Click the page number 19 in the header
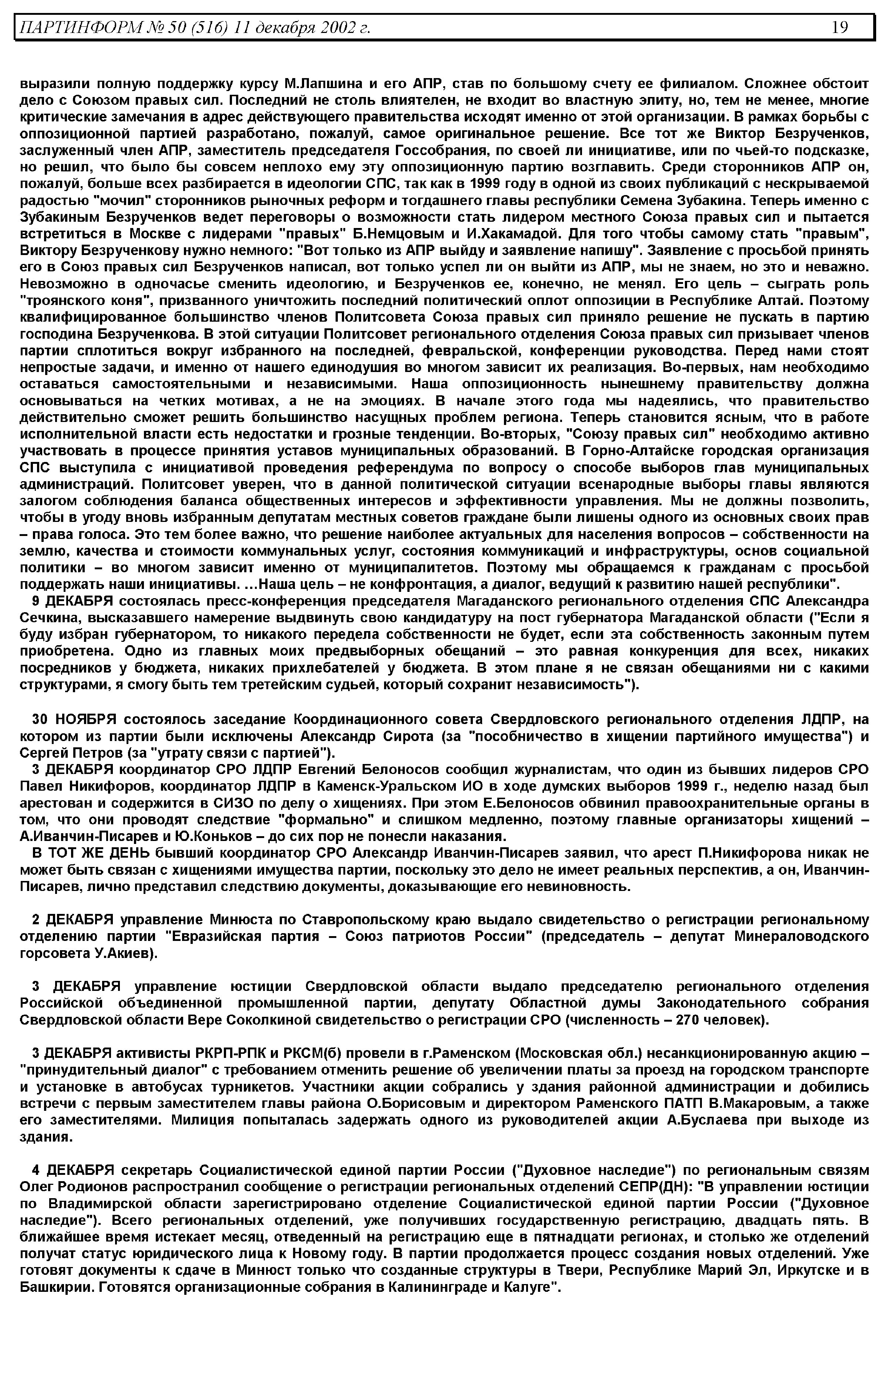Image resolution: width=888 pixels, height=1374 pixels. point(840,27)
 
